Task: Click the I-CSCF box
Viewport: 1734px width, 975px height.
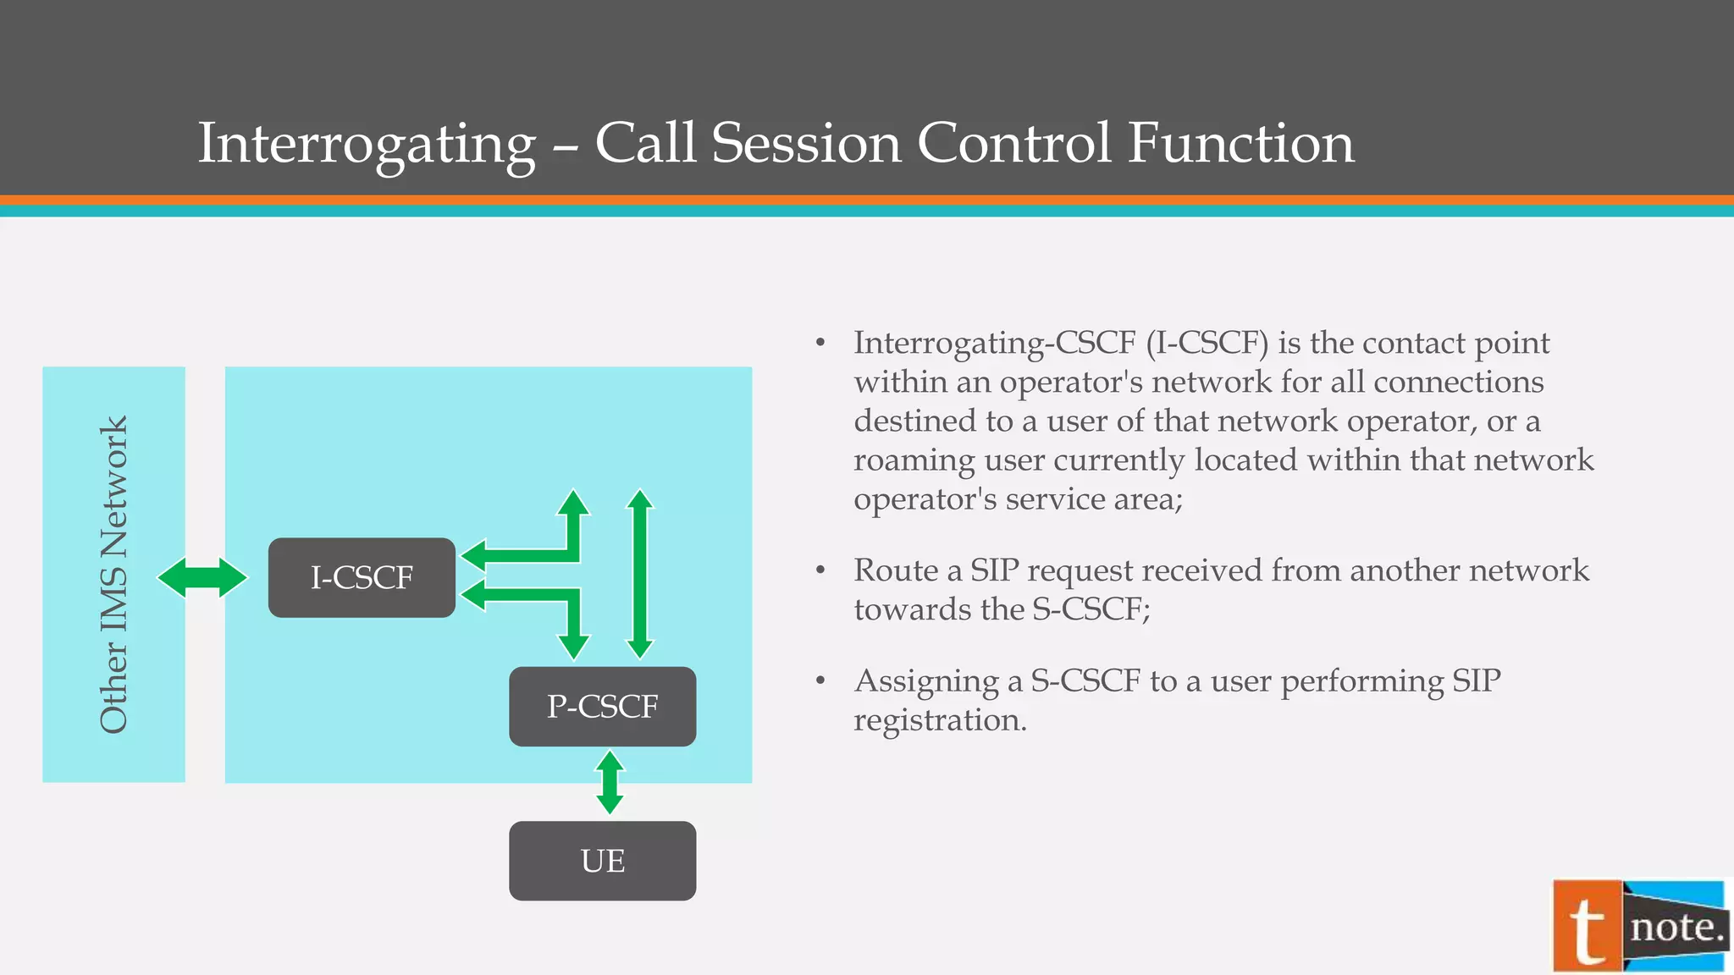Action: tap(362, 577)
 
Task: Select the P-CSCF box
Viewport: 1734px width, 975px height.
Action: tap(602, 706)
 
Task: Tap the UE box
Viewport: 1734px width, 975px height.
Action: tap(602, 861)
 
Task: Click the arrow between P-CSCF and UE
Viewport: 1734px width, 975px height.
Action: tap(610, 783)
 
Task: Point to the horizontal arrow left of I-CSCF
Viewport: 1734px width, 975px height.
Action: tap(202, 578)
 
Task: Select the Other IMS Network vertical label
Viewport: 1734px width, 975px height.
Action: tap(113, 575)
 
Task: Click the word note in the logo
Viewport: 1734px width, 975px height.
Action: tap(1676, 928)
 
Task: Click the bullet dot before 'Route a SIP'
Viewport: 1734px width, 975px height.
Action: tap(820, 570)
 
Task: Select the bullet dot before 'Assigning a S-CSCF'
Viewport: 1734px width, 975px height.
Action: tap(820, 681)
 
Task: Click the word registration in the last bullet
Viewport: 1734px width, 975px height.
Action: tap(939, 720)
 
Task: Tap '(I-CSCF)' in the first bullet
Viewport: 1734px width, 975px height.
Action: tap(1207, 343)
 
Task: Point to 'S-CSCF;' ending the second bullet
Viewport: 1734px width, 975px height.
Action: tap(1091, 609)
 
